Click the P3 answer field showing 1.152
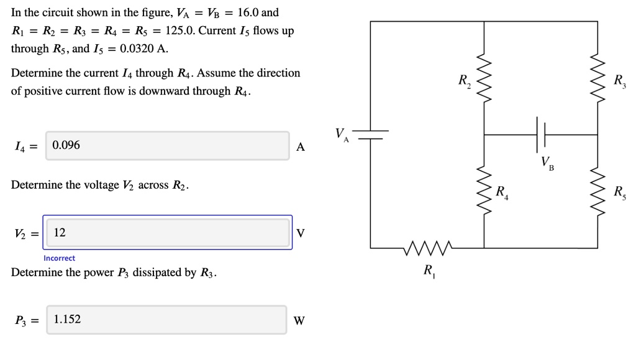[166, 320]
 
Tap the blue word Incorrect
[59, 258]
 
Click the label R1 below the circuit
[429, 271]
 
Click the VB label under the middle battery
[547, 163]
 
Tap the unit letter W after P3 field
[299, 321]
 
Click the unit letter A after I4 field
[301, 147]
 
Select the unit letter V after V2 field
[301, 233]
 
